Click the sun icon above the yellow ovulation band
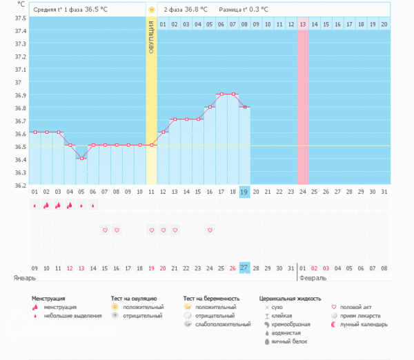[x=151, y=10]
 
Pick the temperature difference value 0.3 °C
[x=258, y=10]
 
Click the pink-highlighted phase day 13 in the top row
[x=303, y=24]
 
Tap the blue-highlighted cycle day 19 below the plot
[x=244, y=192]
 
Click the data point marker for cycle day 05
[x=81, y=159]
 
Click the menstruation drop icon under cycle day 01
[x=34, y=205]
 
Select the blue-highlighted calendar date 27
[x=244, y=268]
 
